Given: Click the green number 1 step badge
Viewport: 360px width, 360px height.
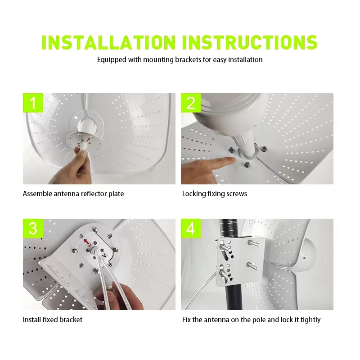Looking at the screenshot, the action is [33, 103].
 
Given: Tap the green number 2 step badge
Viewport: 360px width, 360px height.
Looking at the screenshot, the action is [191, 103].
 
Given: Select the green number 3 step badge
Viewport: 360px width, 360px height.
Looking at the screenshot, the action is [33, 229].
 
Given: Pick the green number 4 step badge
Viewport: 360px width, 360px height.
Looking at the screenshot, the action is [191, 229].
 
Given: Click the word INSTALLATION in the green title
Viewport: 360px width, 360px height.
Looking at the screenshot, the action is [108, 42].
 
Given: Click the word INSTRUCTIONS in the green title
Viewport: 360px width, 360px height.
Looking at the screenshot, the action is [250, 42].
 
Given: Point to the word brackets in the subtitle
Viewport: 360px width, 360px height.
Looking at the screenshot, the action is [188, 60].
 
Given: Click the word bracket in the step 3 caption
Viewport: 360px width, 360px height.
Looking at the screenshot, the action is [70, 319].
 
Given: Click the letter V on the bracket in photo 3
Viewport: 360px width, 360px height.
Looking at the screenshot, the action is [104, 255].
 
